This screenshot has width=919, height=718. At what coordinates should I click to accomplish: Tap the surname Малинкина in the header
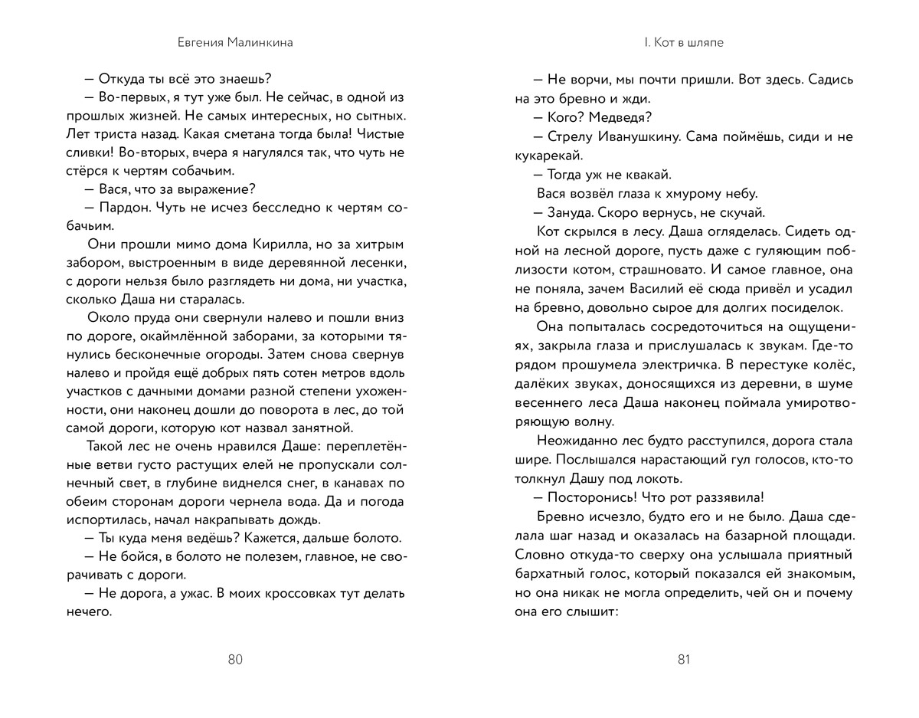(x=258, y=43)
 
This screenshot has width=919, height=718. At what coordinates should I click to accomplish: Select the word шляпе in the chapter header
(x=705, y=43)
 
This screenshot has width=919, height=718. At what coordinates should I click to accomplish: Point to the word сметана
(x=219, y=134)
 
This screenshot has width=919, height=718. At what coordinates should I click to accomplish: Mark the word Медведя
(x=622, y=117)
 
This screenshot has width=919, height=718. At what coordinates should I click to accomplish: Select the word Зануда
(x=572, y=212)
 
